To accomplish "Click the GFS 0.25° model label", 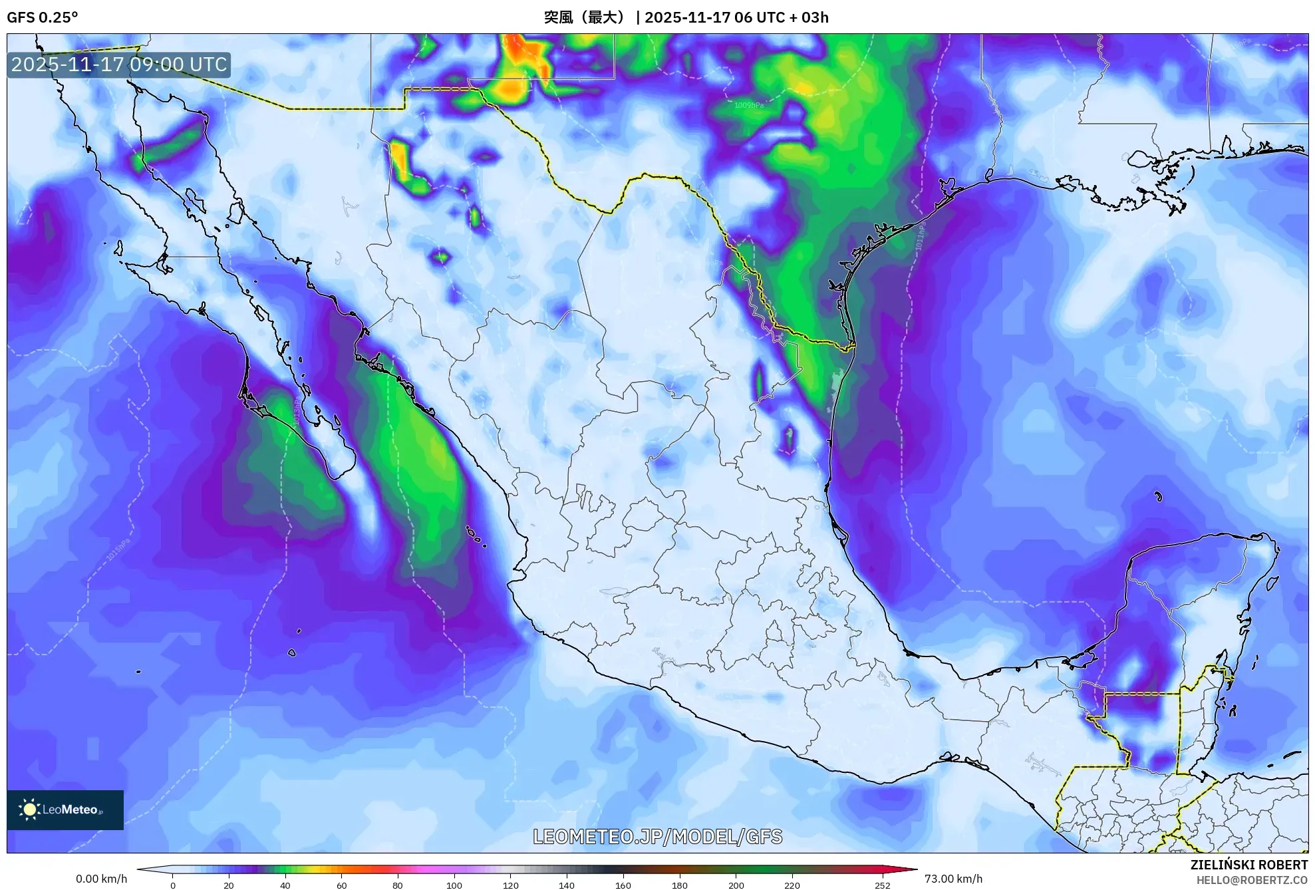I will click(x=42, y=17).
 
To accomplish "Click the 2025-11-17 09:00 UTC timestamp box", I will click(x=119, y=65).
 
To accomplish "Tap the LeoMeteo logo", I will click(x=65, y=810).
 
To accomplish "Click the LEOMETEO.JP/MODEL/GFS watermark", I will click(x=657, y=836).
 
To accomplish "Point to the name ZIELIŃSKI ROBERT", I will click(x=1248, y=865).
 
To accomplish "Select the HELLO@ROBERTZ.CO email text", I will click(x=1252, y=880).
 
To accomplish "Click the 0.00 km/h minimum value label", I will click(x=101, y=879).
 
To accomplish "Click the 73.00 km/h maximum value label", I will click(x=953, y=879).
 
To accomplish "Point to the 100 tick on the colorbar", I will click(x=454, y=885).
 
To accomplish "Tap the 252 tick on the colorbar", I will click(x=882, y=885).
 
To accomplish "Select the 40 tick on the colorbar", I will click(x=285, y=885).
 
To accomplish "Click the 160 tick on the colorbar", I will click(x=623, y=885).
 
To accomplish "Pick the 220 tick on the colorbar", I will click(x=792, y=885).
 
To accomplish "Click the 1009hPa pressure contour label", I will click(x=749, y=105).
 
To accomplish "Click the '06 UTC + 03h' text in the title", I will click(x=782, y=17).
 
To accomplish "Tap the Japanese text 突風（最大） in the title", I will click(x=585, y=17).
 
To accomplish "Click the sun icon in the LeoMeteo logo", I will click(x=29, y=810).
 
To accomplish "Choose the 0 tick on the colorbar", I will click(x=173, y=885).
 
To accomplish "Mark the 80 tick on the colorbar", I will click(x=398, y=885).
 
